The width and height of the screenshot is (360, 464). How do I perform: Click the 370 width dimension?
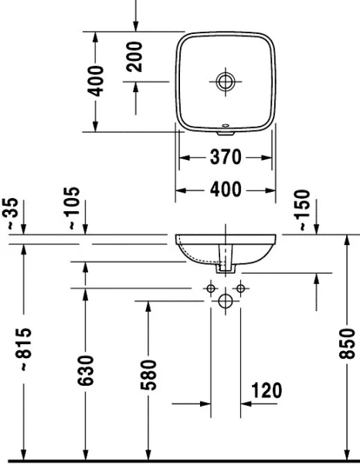[x=226, y=158]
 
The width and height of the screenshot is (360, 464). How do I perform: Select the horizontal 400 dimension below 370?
[x=226, y=189]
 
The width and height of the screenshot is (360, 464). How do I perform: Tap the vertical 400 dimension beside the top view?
[x=94, y=80]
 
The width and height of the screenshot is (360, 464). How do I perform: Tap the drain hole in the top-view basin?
[x=226, y=80]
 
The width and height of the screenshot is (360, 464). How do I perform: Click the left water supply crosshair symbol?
[x=209, y=288]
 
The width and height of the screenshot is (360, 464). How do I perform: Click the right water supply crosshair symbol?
[x=241, y=288]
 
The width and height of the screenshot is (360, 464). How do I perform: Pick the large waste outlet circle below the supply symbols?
[x=226, y=301]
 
